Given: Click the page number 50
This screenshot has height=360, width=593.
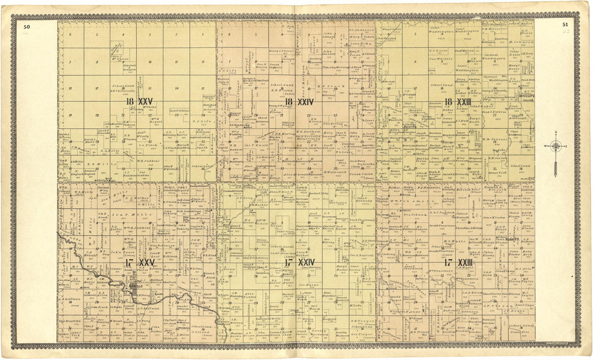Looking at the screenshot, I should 26,25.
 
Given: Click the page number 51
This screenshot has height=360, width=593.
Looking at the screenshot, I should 565,24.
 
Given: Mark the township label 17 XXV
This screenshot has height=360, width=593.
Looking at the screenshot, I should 140,262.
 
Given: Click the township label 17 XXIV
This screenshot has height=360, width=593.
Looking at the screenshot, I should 301,262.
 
